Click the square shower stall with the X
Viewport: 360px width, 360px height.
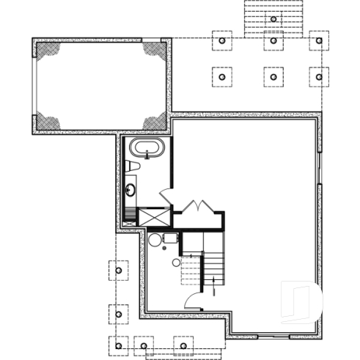point(153,216)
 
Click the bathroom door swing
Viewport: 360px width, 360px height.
point(166,196)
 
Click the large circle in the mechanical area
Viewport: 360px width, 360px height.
point(155,240)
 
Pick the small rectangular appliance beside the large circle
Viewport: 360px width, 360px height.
point(170,238)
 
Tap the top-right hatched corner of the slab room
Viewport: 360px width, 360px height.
point(155,51)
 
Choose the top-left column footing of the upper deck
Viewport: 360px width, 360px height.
point(222,40)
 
